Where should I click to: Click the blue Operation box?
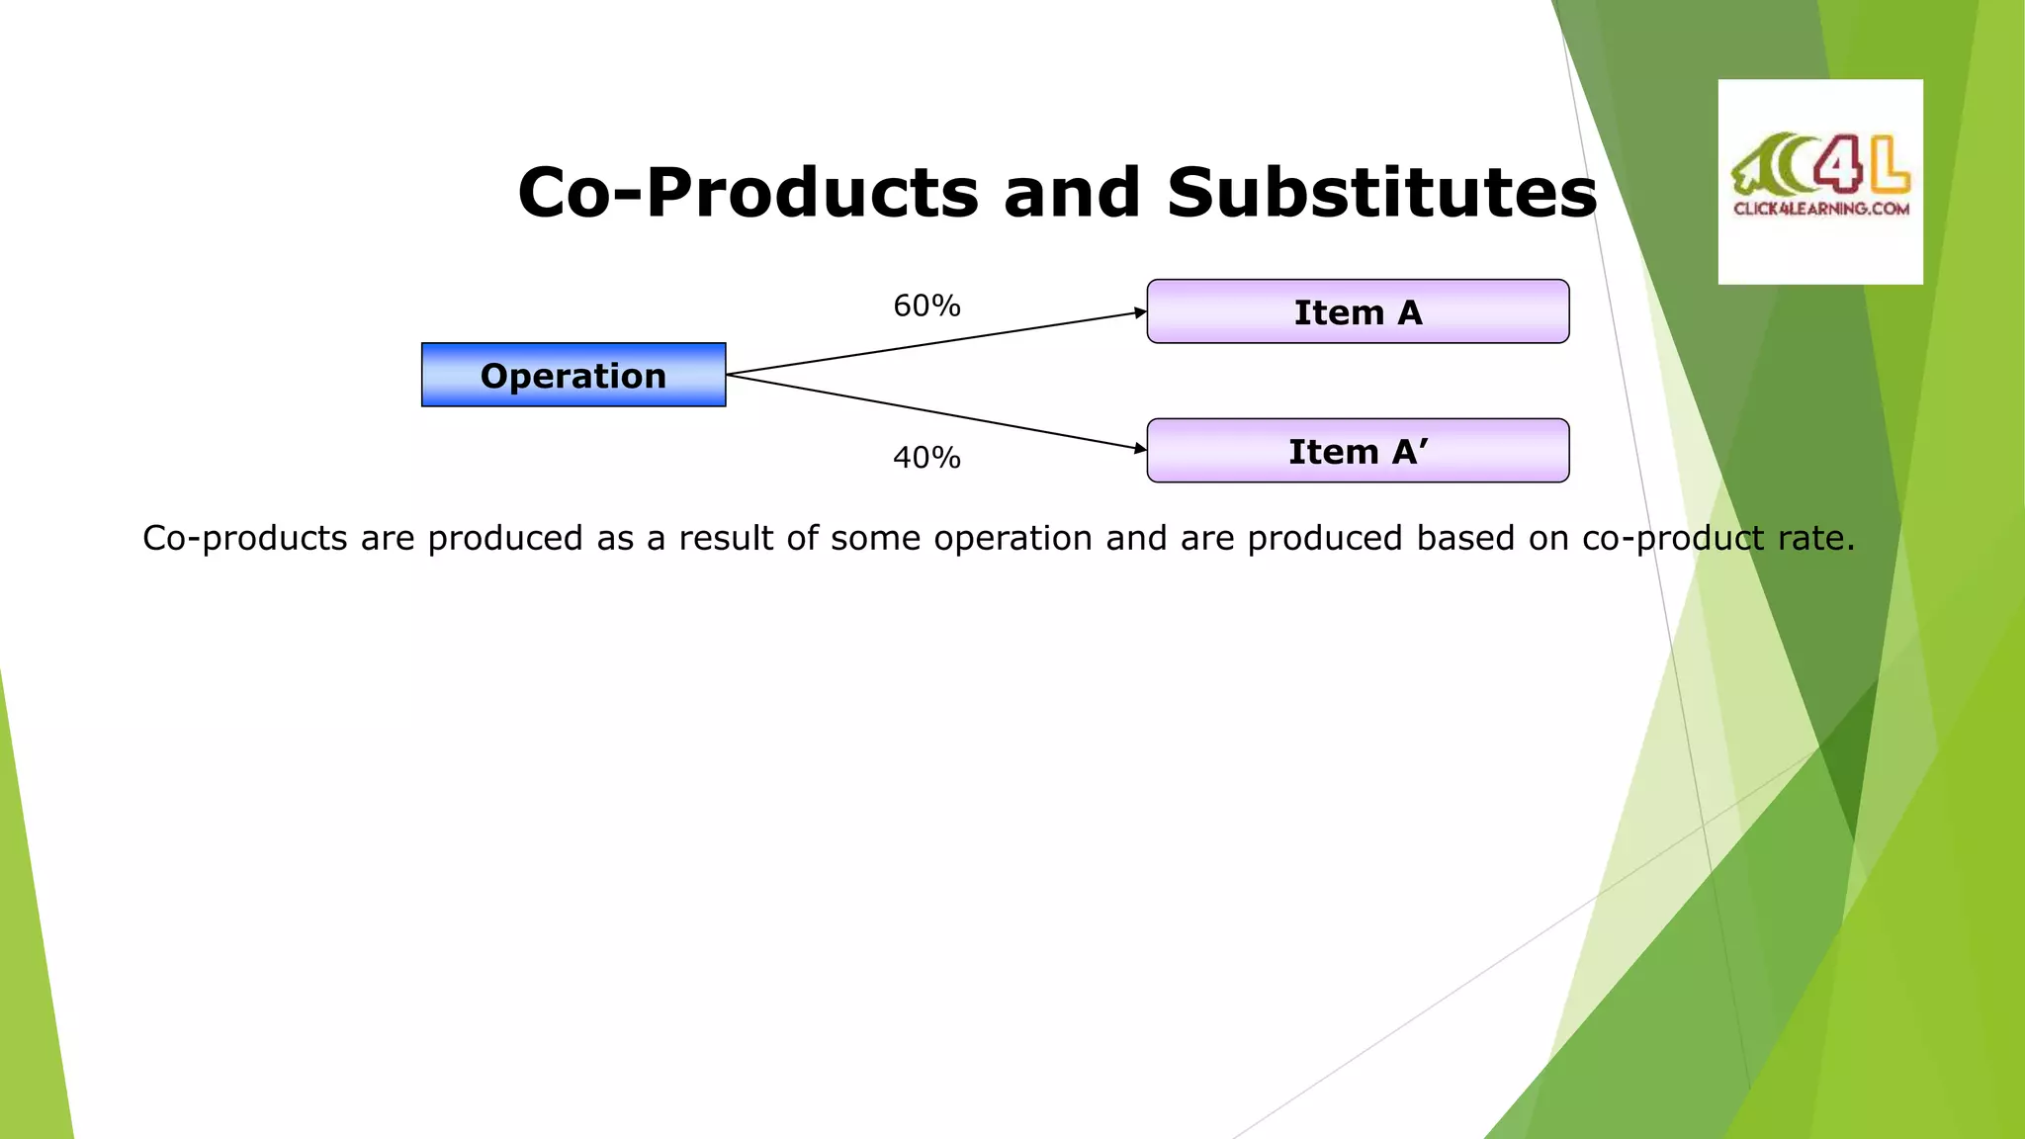coord(573,375)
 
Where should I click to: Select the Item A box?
coord(1358,311)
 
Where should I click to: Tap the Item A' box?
coord(1358,451)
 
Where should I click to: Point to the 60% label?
coord(926,306)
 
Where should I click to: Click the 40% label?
coord(926,458)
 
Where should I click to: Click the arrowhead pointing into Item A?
coord(1140,312)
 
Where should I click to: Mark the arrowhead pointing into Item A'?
coord(1140,448)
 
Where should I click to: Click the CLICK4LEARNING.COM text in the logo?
coord(1821,209)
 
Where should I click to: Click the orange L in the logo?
coord(1890,166)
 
